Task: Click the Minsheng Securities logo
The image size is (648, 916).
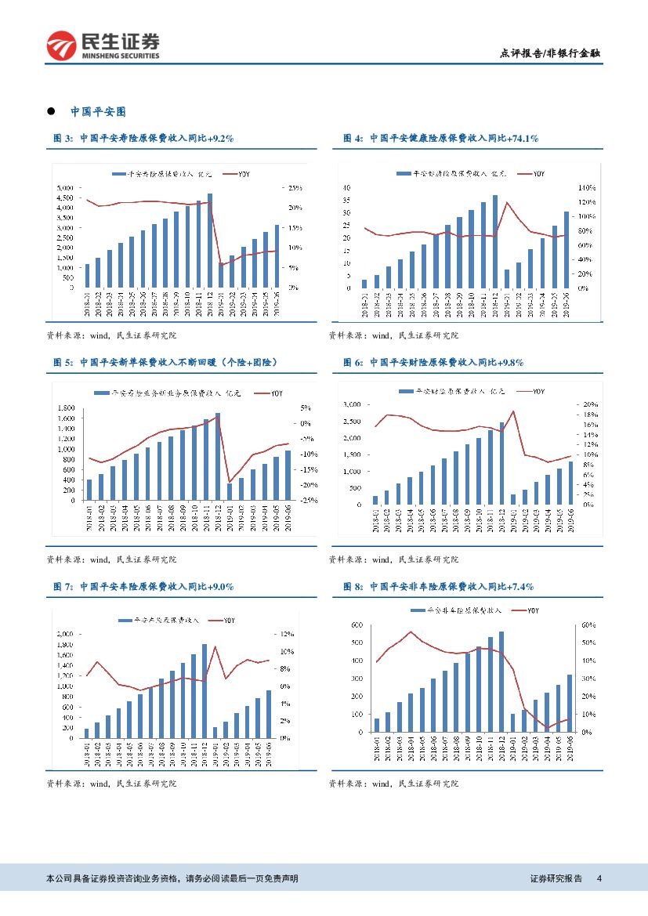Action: click(x=103, y=45)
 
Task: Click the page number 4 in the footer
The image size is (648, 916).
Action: click(x=599, y=878)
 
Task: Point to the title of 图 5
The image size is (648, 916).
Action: click(x=165, y=362)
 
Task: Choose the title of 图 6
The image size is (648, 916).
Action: click(x=433, y=362)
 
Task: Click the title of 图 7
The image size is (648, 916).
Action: click(x=143, y=586)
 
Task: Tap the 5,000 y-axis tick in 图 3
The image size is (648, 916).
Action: click(x=66, y=188)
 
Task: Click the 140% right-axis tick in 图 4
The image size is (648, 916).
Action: click(x=588, y=188)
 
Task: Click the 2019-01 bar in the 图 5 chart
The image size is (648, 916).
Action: click(x=230, y=491)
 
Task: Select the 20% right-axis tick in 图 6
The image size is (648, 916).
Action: click(x=591, y=404)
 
